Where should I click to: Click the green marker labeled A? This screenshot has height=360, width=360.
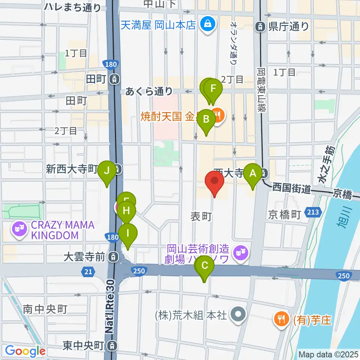(253, 174)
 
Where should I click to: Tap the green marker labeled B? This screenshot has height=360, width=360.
(206, 120)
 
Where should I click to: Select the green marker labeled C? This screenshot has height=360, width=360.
(205, 266)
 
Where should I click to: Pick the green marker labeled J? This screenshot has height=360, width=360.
(107, 171)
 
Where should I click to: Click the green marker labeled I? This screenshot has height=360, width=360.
(128, 233)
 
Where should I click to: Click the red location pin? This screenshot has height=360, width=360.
(214, 181)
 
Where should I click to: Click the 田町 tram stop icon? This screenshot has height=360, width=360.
(114, 79)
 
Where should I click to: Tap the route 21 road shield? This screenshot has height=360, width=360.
(87, 271)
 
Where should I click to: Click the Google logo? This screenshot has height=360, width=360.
(25, 351)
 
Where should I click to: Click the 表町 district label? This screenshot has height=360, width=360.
(202, 216)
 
